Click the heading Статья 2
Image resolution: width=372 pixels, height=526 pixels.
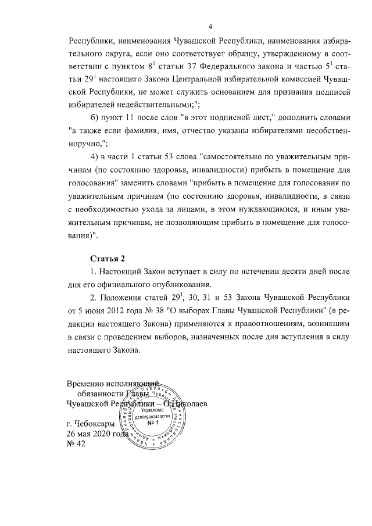tap(108, 257)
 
